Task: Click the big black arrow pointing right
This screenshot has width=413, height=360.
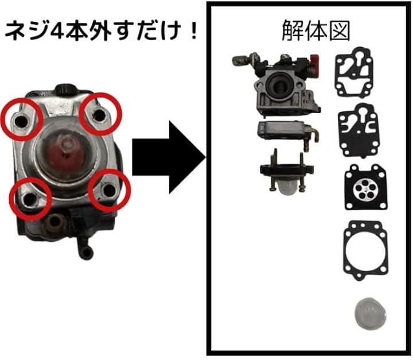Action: (x=169, y=157)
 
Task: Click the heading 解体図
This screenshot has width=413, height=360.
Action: (x=315, y=32)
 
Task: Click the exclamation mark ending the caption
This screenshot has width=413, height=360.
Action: (x=194, y=32)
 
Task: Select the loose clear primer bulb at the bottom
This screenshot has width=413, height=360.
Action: (x=371, y=313)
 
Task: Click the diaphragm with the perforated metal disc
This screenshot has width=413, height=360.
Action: (x=365, y=187)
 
